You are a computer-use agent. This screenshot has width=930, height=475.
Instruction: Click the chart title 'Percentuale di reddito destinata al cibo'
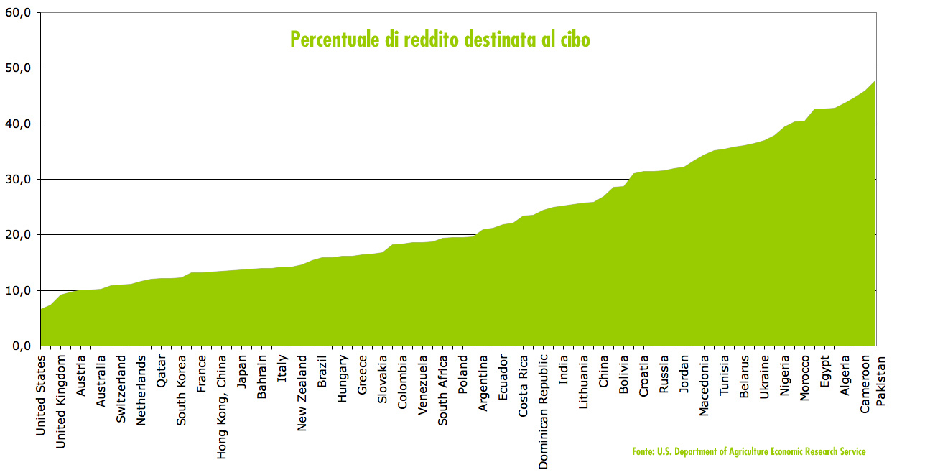pos(440,39)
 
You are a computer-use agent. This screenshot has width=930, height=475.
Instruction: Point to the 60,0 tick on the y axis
pos(19,12)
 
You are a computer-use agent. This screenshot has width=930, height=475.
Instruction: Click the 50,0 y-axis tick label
pos(19,68)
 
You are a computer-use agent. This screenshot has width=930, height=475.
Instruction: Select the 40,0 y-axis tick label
pos(19,124)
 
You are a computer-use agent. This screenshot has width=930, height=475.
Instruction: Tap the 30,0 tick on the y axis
pos(19,179)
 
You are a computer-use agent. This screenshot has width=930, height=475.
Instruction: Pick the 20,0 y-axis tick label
pos(19,235)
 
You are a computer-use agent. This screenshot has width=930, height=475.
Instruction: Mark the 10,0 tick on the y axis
pos(19,290)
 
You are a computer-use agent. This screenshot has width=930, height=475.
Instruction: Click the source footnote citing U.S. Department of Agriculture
pos(749,451)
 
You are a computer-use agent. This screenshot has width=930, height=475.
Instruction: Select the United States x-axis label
pos(41,394)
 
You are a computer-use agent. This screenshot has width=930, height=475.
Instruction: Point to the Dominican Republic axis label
pos(544,410)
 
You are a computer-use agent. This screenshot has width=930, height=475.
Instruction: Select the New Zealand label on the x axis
pos(302,392)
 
